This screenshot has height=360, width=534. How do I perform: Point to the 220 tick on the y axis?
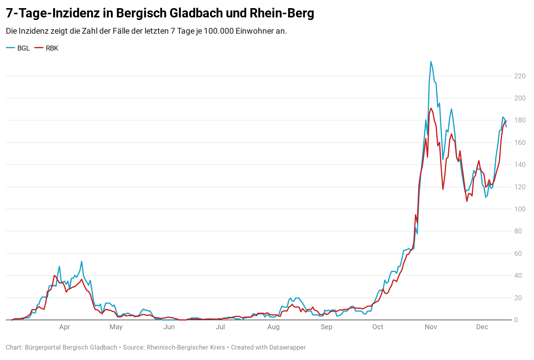(520, 76)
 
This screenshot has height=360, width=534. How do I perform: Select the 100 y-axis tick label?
(520, 209)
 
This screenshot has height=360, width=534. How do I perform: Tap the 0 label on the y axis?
(516, 320)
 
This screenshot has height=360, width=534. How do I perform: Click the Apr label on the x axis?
(64, 327)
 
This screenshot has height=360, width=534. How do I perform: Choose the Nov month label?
(431, 327)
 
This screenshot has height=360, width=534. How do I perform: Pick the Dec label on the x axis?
(482, 327)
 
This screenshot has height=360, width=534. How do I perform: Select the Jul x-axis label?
(220, 327)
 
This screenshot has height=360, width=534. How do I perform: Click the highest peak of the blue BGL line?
(431, 62)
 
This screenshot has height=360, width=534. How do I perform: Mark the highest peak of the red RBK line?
(431, 108)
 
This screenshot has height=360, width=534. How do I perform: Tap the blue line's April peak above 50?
(82, 261)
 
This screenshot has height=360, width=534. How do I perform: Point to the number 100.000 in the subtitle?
(219, 31)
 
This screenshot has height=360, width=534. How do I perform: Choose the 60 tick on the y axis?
(518, 253)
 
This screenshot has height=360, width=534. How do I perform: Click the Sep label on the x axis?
(326, 327)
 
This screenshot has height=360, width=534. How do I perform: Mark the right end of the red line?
(506, 121)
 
